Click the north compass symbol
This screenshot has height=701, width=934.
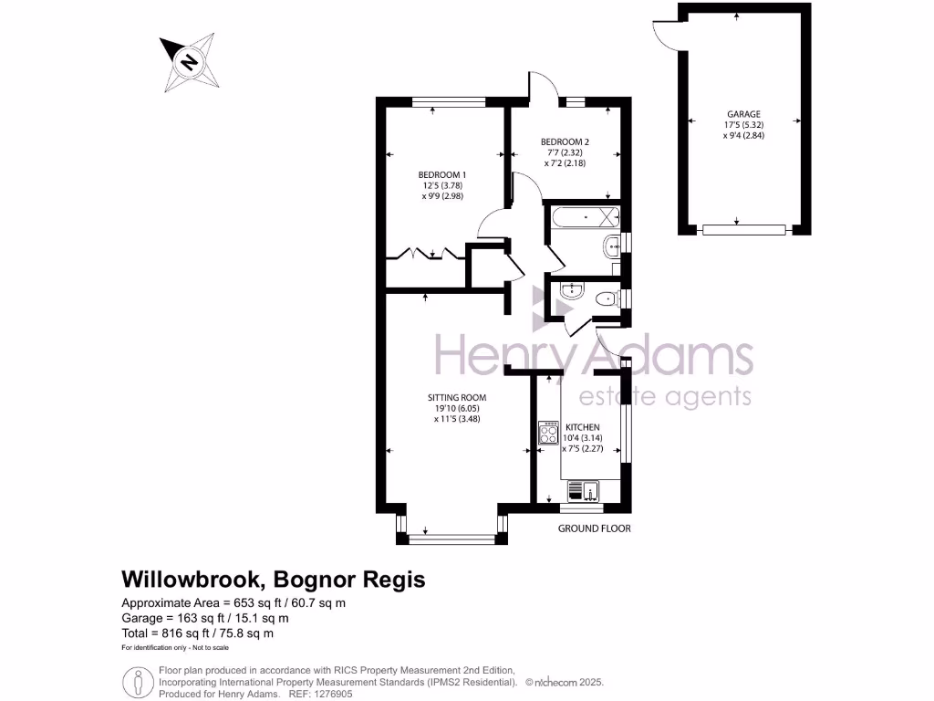click(189, 62)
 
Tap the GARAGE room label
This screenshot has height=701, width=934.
click(743, 114)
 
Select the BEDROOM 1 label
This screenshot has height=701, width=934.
click(442, 174)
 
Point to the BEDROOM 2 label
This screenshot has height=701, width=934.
click(566, 141)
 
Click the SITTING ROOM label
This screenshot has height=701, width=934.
click(457, 397)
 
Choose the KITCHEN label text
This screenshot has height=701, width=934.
click(582, 427)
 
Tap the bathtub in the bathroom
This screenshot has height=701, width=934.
click(585, 218)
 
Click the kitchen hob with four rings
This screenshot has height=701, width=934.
click(548, 433)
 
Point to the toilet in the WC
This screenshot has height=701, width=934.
click(605, 298)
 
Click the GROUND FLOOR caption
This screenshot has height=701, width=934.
click(595, 528)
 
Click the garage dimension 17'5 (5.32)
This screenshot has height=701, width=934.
click(743, 125)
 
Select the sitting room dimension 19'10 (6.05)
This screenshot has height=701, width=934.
click(457, 408)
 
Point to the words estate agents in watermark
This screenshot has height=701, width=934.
click(666, 396)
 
